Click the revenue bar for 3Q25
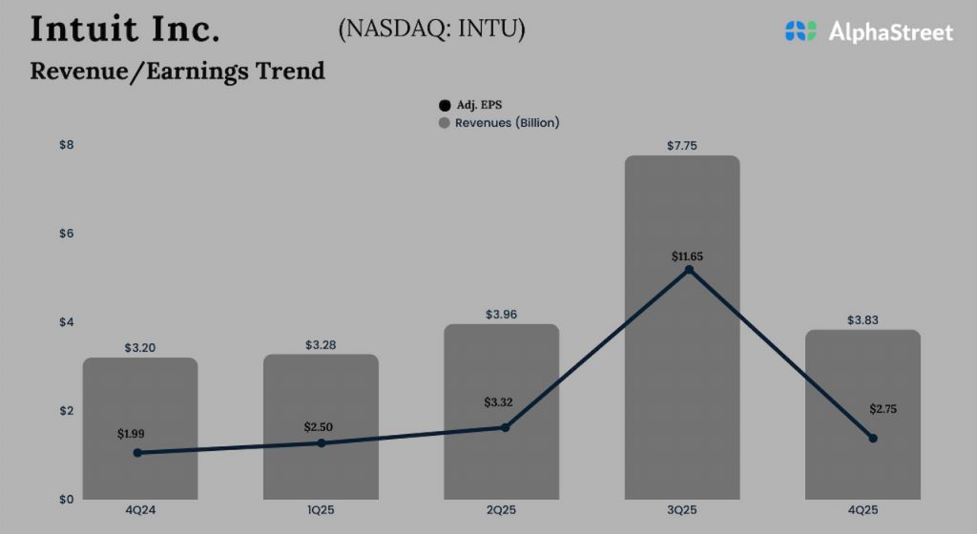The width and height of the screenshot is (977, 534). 682,381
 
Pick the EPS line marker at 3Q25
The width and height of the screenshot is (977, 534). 689,270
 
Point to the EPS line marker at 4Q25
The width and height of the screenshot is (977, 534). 872,438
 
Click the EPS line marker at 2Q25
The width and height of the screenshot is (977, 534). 506,427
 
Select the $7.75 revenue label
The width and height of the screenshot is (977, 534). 682,145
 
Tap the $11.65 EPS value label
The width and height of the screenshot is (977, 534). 689,257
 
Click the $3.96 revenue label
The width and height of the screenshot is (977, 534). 501,314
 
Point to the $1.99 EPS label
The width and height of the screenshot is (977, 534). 133,434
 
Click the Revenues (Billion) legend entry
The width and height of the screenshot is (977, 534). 498,123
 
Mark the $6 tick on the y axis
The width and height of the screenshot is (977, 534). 67,234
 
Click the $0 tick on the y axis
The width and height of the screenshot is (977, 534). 67,500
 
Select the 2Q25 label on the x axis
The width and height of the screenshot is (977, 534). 501,511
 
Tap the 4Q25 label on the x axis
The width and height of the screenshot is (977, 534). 863,511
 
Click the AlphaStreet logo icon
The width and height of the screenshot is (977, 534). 801,31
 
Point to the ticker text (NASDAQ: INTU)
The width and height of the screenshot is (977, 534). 431,30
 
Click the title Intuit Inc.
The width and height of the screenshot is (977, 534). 125,29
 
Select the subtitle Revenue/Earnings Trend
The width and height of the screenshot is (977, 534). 177,71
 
